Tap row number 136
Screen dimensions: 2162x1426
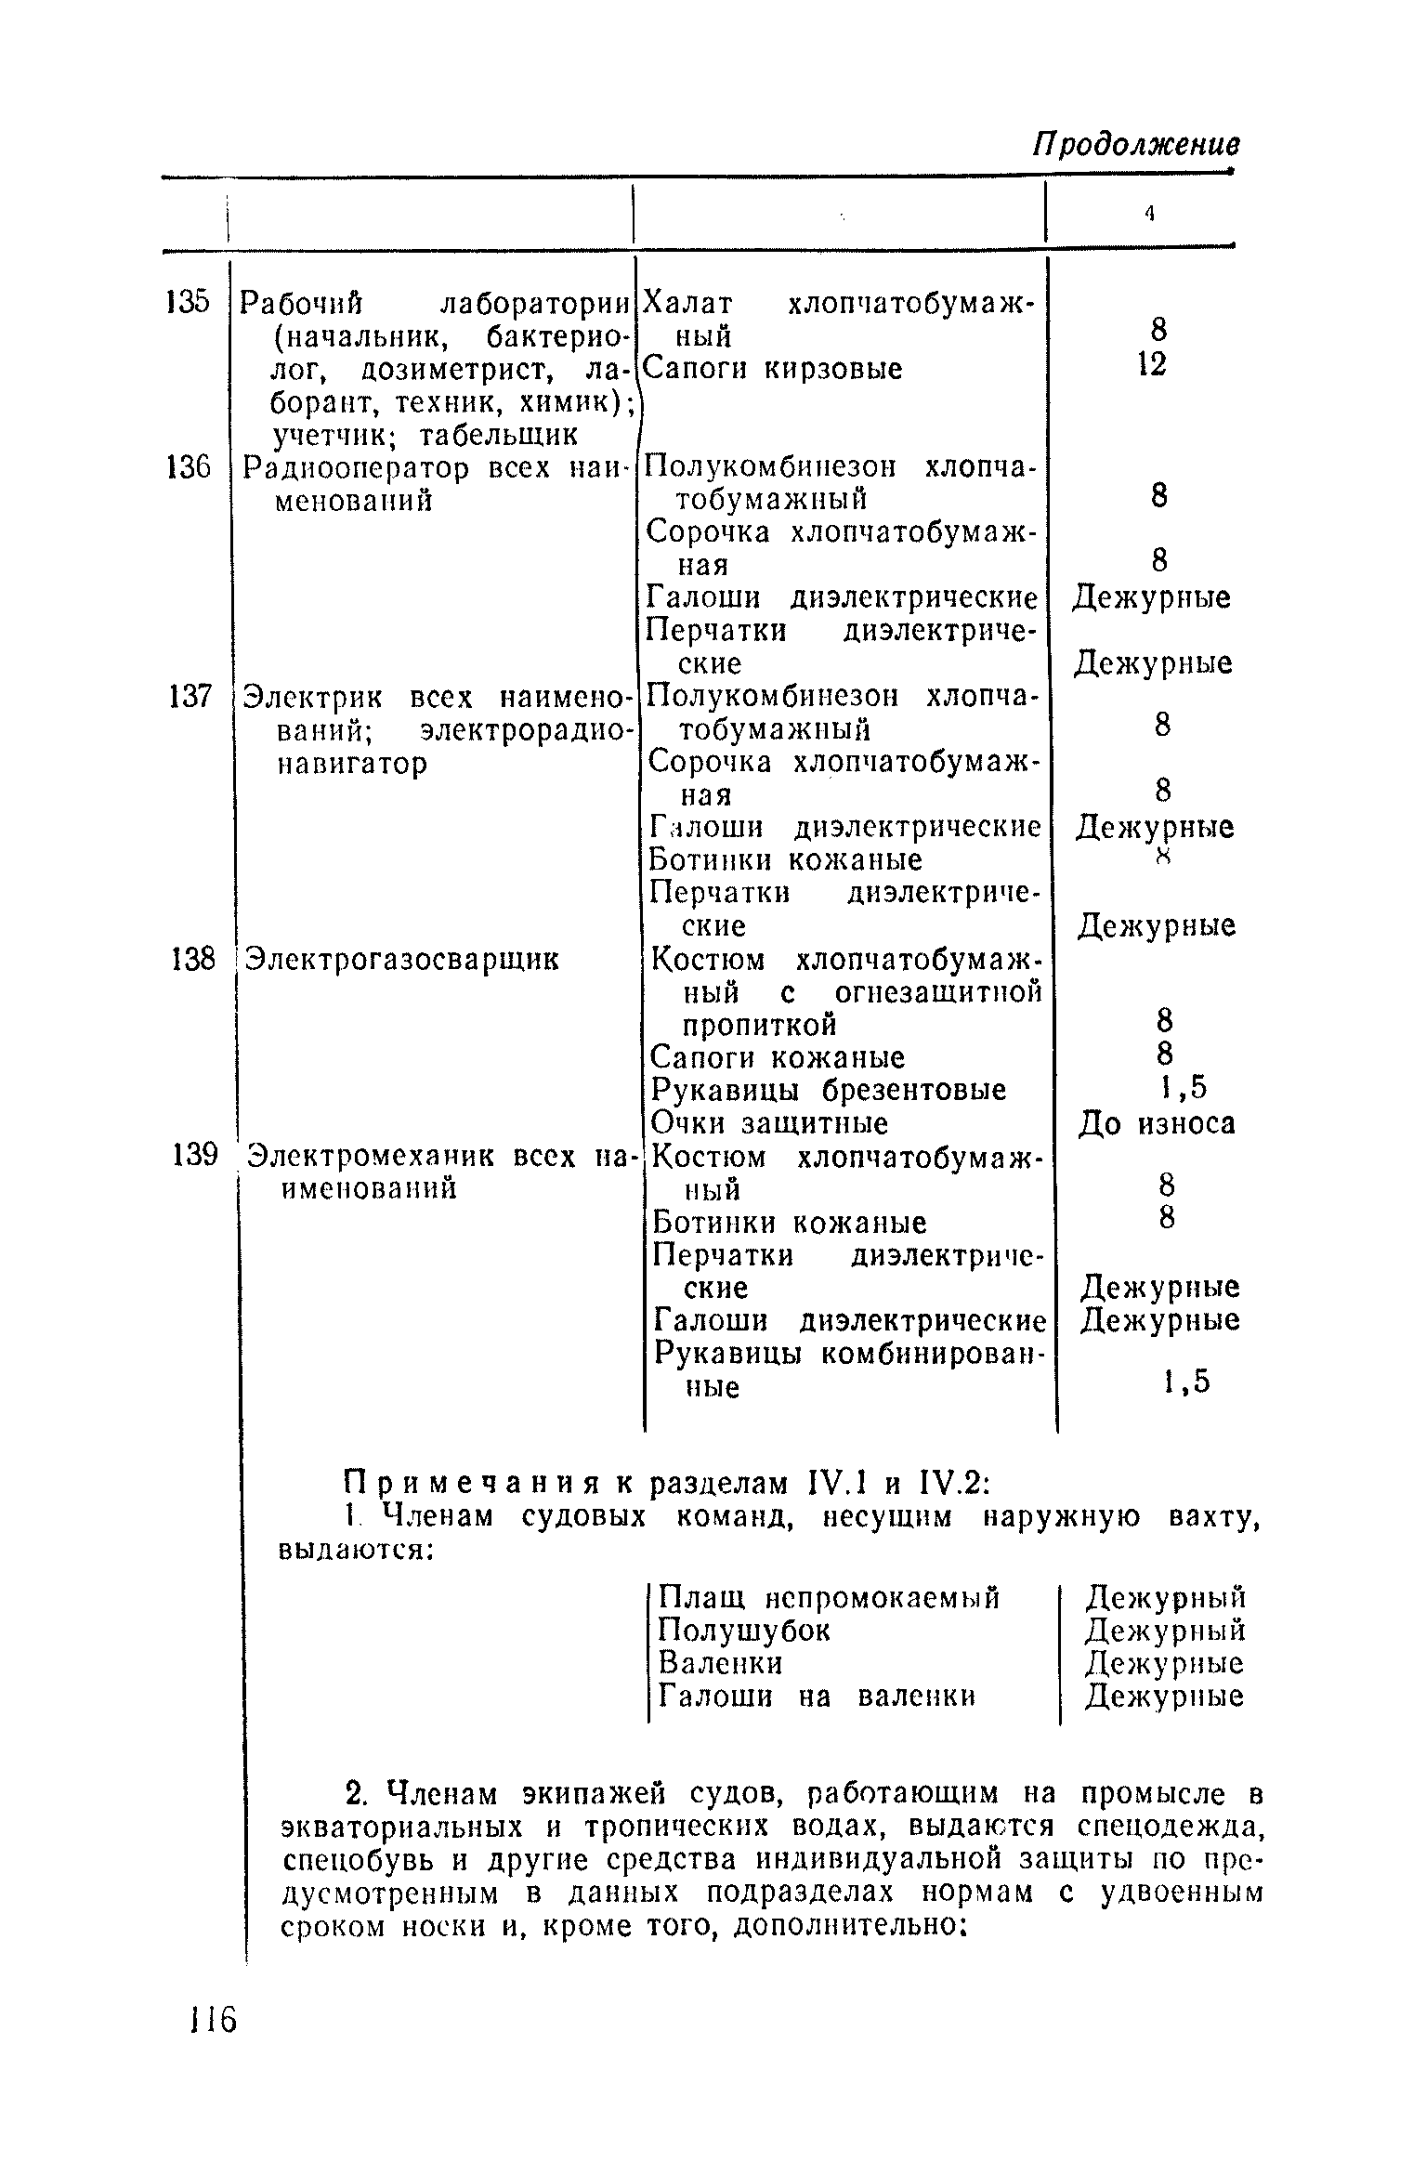point(189,467)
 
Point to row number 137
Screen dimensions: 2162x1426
point(190,696)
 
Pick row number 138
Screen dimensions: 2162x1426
point(193,959)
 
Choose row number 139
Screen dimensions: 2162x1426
point(194,1156)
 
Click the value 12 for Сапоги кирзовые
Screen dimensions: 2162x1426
point(1151,364)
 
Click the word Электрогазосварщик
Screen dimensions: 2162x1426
point(403,959)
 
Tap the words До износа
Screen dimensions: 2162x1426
point(1157,1124)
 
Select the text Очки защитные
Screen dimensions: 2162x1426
point(769,1124)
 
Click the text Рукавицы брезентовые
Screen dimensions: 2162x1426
point(828,1090)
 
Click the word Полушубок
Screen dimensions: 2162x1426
point(744,1631)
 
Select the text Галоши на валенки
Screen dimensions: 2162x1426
point(817,1697)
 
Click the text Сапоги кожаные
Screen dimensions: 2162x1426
point(778,1057)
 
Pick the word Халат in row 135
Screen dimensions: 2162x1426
point(689,303)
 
